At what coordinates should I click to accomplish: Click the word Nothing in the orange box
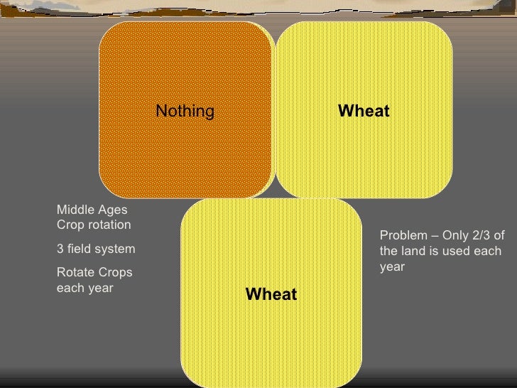(x=185, y=111)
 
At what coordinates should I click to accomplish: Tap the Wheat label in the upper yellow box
(x=364, y=111)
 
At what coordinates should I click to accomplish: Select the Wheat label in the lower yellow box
(x=271, y=293)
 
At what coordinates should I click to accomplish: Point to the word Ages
(x=112, y=210)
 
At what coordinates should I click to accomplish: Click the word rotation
(x=109, y=225)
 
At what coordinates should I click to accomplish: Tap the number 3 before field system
(x=60, y=249)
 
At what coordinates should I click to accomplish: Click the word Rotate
(x=74, y=273)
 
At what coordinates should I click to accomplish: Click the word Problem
(x=403, y=236)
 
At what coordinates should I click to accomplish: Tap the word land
(x=413, y=252)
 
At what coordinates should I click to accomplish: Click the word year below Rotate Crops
(x=98, y=289)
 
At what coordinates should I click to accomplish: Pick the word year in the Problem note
(x=392, y=268)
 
